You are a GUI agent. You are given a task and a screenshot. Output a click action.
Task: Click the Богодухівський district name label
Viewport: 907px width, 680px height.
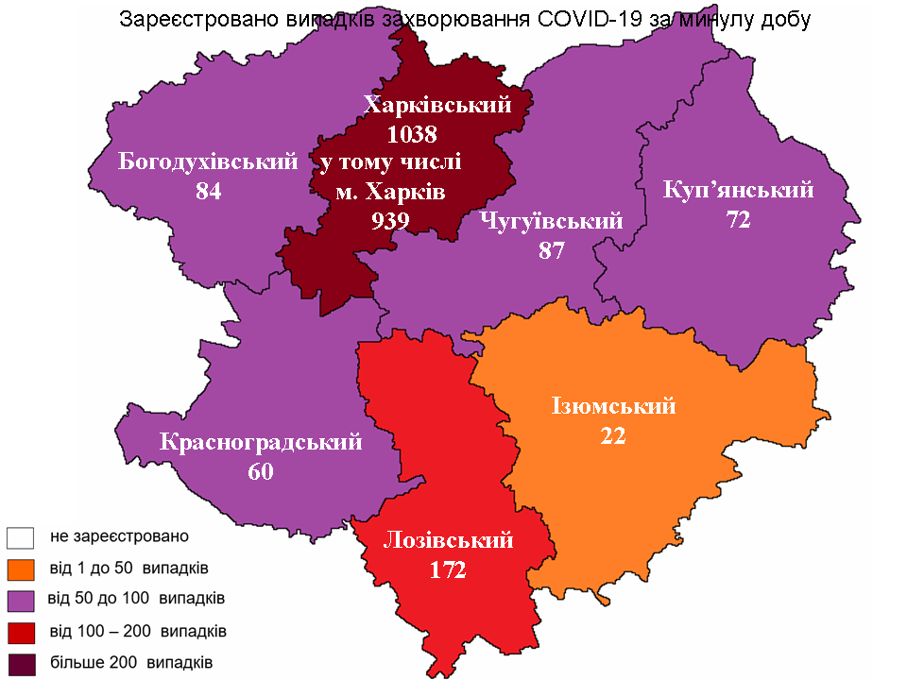coord(208,161)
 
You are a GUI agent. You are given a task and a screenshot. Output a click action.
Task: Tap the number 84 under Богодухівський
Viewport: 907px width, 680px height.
coord(208,192)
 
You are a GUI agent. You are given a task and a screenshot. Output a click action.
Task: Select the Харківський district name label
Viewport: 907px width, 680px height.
coord(436,104)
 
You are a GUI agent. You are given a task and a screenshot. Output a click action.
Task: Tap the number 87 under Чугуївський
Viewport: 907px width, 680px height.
coord(551,251)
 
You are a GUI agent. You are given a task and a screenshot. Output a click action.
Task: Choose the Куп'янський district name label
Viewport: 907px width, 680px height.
coord(738,189)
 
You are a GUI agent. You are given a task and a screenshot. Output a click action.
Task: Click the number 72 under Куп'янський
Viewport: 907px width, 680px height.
coord(738,220)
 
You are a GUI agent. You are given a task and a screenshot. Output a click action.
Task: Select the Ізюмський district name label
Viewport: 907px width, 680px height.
coord(613,406)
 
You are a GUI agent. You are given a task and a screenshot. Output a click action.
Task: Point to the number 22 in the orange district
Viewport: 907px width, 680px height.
coord(612,436)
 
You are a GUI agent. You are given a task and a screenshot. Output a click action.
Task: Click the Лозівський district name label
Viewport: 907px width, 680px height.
coord(449,540)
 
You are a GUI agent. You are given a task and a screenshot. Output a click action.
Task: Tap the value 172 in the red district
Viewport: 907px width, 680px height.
coord(448,570)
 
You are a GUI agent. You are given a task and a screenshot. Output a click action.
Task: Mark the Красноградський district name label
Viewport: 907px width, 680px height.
coord(262,441)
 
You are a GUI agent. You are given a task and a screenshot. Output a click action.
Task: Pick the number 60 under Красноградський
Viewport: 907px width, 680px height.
coord(261,471)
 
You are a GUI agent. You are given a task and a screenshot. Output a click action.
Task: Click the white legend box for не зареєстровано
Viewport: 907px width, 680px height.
coord(21,537)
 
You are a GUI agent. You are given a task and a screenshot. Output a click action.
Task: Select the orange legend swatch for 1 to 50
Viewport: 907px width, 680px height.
coord(21,569)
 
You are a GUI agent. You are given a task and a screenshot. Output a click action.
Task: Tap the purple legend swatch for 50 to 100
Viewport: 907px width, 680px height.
coord(21,601)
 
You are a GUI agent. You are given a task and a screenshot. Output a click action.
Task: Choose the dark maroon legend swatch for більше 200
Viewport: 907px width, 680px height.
coord(21,663)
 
